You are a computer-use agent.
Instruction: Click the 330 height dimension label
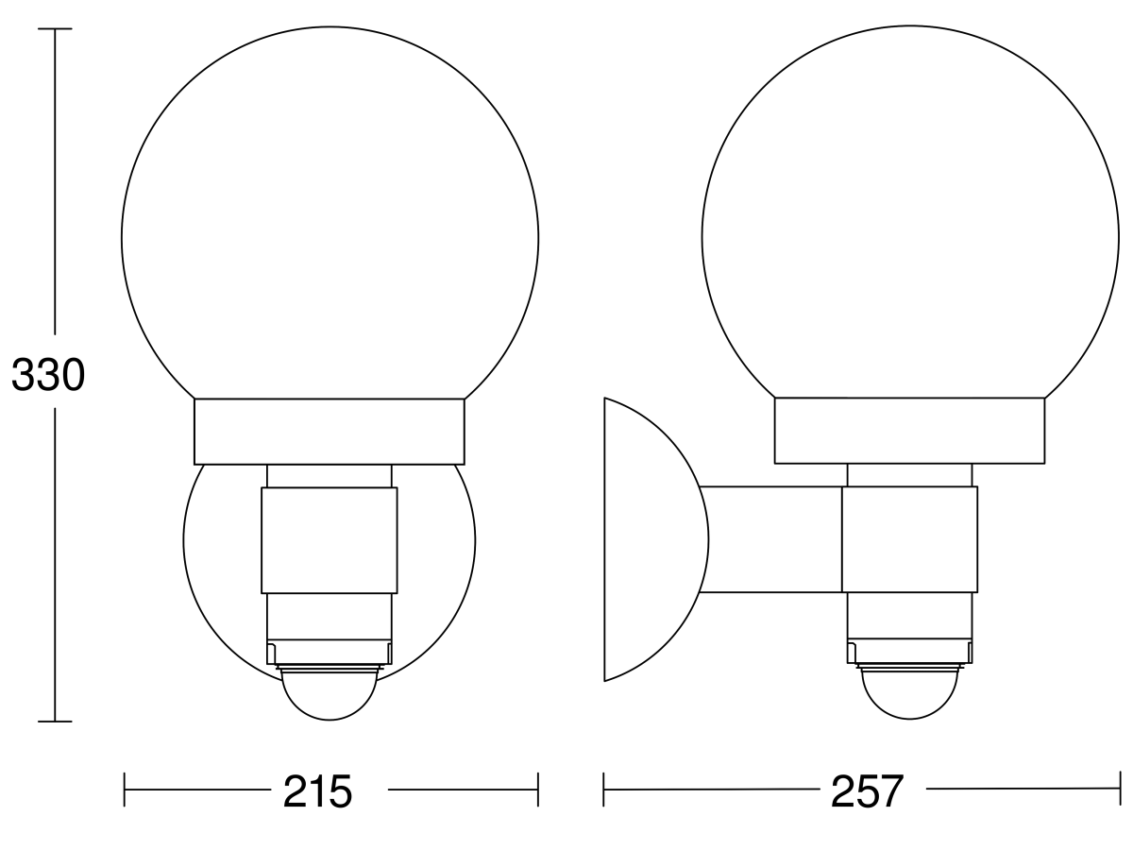[x=47, y=376]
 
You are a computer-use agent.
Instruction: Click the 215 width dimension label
[x=317, y=791]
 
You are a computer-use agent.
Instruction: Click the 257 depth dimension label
[x=867, y=791]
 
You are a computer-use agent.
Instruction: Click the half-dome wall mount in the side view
[x=651, y=539]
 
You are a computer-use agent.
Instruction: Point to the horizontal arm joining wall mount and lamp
[x=770, y=539]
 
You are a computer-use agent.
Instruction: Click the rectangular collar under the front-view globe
[x=330, y=431]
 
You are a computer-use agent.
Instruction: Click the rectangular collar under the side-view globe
[x=909, y=431]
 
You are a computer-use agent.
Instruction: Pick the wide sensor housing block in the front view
[x=330, y=540]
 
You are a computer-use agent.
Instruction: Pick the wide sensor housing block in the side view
[x=909, y=540]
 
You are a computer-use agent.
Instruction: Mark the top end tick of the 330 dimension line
[x=55, y=29]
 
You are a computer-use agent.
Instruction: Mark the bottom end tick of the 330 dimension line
[x=55, y=722]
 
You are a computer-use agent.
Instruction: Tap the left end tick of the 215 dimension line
[x=125, y=790]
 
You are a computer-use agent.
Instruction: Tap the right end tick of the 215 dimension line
[x=537, y=790]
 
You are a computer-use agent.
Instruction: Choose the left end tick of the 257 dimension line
[x=604, y=790]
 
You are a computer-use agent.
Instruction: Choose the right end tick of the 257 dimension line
[x=1120, y=790]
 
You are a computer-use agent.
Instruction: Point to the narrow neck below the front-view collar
[x=330, y=475]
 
